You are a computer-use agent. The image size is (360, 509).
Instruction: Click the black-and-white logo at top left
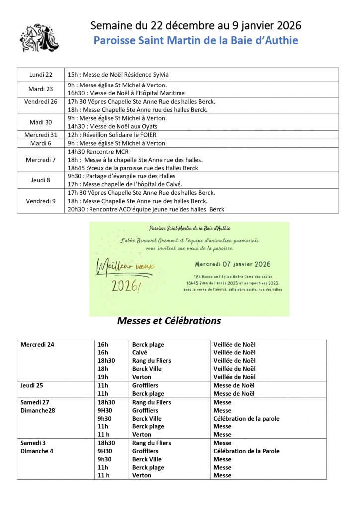click(39, 37)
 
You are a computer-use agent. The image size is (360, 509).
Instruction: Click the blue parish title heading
click(196, 40)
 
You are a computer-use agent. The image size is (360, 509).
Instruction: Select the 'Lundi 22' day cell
click(41, 75)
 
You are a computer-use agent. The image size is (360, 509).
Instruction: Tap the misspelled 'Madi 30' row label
click(41, 122)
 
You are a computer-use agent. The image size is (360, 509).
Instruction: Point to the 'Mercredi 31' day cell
click(41, 135)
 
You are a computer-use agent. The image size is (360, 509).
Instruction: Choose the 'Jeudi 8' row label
click(41, 180)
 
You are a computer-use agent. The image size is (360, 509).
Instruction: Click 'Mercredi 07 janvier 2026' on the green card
click(233, 264)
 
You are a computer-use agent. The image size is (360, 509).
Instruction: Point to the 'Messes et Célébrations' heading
click(169, 321)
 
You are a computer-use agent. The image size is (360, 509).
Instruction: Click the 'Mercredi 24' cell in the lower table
click(37, 344)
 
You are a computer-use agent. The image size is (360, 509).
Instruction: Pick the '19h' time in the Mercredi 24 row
click(103, 377)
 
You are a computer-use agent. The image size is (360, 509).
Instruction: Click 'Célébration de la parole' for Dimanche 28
click(246, 418)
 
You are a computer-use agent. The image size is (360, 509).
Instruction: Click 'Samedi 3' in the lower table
click(34, 443)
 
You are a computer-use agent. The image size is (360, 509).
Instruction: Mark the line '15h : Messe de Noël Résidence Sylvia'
click(118, 75)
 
